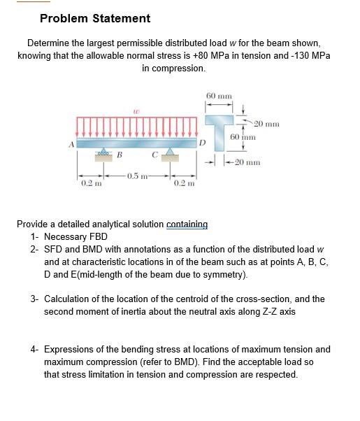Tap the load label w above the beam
(x=136, y=109)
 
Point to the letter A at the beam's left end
(x=70, y=145)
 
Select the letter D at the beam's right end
(x=202, y=143)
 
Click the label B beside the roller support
(x=119, y=155)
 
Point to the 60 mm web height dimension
(x=241, y=137)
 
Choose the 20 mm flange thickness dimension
(x=266, y=124)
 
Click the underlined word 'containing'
(x=187, y=224)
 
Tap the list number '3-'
(x=35, y=299)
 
